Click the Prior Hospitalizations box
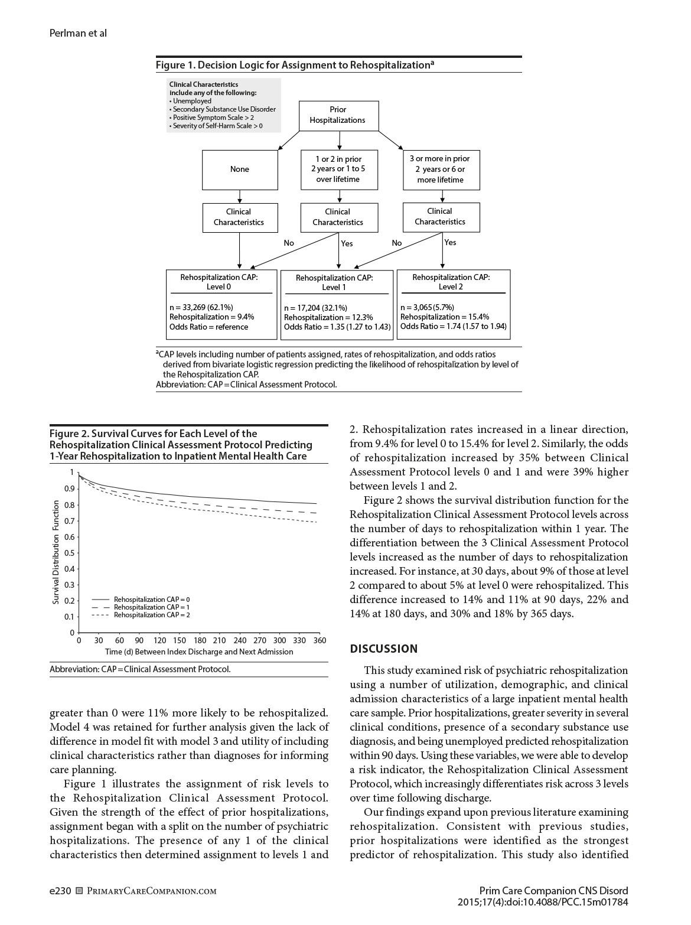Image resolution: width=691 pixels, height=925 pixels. point(338,115)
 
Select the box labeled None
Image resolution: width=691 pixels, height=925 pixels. point(240,170)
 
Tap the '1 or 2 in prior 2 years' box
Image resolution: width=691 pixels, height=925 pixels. point(338,170)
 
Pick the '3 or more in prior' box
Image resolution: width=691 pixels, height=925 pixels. point(441,170)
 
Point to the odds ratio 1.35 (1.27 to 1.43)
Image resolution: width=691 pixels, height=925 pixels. point(337,327)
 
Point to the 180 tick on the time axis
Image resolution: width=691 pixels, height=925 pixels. point(200,640)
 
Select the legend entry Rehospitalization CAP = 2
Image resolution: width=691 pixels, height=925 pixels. point(151,615)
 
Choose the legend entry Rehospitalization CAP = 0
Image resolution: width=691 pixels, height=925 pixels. point(151,600)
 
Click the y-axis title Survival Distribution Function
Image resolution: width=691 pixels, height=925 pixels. point(56,552)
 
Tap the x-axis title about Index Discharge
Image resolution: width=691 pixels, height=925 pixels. point(199,652)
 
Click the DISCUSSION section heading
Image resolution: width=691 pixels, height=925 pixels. point(384,649)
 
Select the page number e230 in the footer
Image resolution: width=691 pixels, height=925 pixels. point(60,891)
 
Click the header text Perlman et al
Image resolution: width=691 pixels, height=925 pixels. point(78,33)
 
